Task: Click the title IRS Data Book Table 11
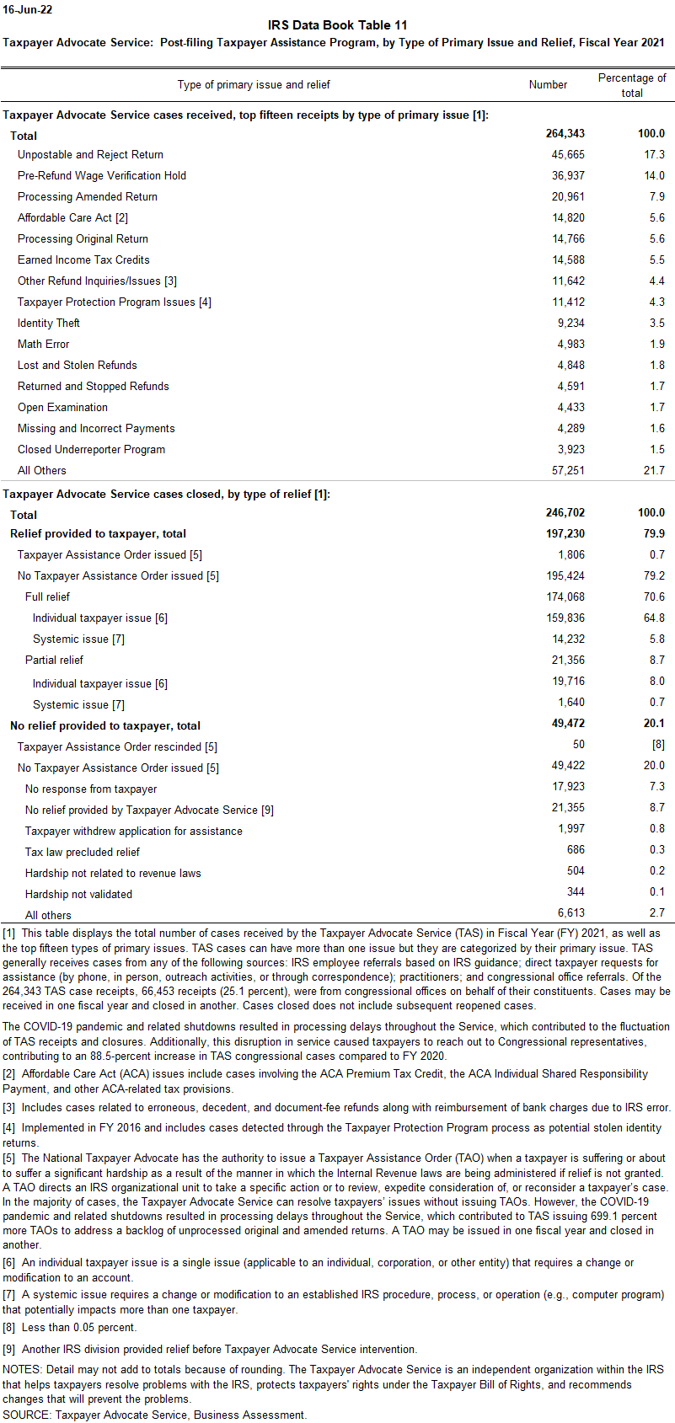337,25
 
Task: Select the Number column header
548,84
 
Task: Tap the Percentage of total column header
632,85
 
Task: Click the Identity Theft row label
49,323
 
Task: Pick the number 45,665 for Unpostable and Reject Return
568,154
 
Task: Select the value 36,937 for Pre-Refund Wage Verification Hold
568,175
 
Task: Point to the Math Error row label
44,344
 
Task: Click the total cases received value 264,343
565,133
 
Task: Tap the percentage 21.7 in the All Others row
654,470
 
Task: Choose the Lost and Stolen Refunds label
78,365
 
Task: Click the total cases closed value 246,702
565,512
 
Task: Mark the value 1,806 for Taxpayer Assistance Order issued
571,554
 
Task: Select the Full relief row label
48,596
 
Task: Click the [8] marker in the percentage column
657,745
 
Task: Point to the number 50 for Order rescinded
578,744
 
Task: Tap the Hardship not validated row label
78,894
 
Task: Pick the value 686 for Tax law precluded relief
576,849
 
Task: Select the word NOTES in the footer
22,1369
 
